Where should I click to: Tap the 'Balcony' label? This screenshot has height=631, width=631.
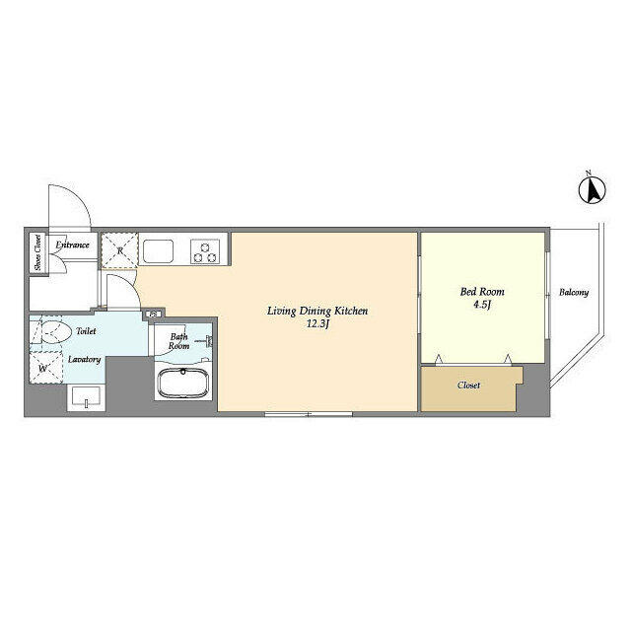pyautogui.click(x=574, y=293)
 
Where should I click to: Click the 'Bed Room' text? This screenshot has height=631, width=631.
pyautogui.click(x=482, y=292)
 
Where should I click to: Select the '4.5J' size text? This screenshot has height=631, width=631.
pyautogui.click(x=482, y=306)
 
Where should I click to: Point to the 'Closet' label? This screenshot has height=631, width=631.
pyautogui.click(x=469, y=386)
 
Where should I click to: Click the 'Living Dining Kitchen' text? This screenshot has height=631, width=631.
pyautogui.click(x=317, y=312)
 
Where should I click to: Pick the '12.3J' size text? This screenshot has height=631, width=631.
pyautogui.click(x=317, y=325)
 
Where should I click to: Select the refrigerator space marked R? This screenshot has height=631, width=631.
pyautogui.click(x=119, y=250)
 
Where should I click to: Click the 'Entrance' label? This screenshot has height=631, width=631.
pyautogui.click(x=73, y=245)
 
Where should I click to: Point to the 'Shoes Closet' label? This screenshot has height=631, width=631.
pyautogui.click(x=37, y=252)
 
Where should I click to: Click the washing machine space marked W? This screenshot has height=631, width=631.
pyautogui.click(x=44, y=369)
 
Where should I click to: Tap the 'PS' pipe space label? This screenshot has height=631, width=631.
pyautogui.click(x=153, y=315)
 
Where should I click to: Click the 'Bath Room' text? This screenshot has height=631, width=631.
pyautogui.click(x=178, y=341)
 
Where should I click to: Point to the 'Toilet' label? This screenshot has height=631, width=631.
pyautogui.click(x=87, y=332)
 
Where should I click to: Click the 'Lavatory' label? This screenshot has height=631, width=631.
pyautogui.click(x=85, y=359)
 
